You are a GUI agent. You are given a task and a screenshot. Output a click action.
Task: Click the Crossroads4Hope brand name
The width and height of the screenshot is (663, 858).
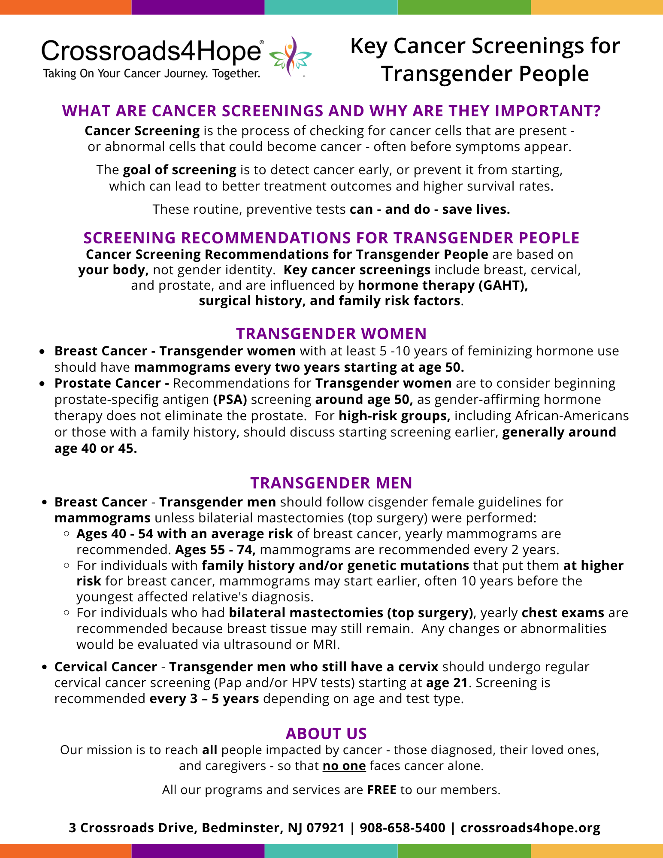[151, 51]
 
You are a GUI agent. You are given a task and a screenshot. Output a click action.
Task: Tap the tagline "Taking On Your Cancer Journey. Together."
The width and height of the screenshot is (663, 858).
[151, 73]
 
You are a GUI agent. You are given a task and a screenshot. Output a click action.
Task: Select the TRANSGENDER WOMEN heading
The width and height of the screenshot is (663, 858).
[331, 333]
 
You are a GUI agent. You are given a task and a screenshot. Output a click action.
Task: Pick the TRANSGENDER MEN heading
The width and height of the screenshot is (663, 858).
[331, 483]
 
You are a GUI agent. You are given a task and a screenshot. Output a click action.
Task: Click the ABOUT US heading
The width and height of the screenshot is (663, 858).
[326, 734]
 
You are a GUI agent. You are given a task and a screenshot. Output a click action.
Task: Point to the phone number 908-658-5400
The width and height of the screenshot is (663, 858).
[402, 828]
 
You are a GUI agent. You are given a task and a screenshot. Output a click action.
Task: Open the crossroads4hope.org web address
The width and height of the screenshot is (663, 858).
[530, 828]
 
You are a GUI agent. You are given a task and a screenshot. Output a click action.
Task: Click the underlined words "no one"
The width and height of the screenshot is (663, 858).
[344, 766]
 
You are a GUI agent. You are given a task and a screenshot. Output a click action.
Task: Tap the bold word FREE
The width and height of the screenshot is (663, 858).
[381, 790]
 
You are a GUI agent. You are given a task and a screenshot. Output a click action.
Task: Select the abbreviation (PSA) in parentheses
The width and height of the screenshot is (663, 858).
[230, 400]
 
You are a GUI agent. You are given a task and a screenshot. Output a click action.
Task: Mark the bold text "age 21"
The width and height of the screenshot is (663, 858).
[447, 682]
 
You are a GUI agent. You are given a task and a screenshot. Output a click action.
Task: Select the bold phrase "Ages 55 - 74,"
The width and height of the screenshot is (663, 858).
[215, 549]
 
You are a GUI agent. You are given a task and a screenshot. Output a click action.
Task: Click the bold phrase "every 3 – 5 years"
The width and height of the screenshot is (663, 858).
[204, 698]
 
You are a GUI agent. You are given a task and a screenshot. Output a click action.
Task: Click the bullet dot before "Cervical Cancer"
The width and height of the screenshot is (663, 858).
[44, 667]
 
